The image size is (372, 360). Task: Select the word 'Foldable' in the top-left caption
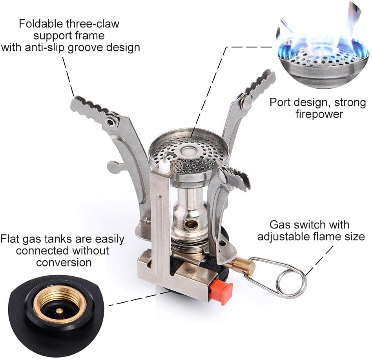41,24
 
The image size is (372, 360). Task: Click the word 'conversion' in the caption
64,262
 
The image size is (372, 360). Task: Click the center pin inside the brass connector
58,310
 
